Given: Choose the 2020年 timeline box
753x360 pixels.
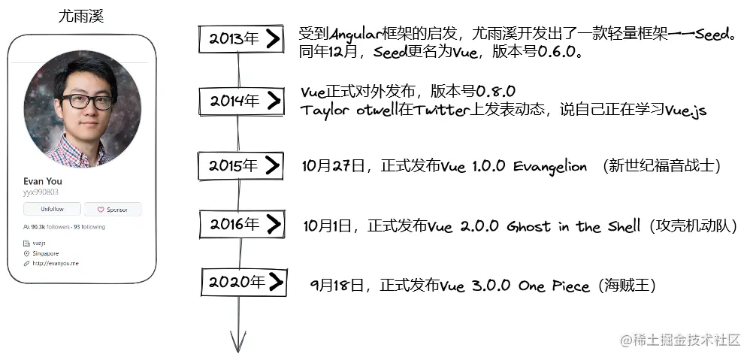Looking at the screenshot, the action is coord(244,283).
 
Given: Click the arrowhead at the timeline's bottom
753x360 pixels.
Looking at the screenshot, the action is coord(238,343).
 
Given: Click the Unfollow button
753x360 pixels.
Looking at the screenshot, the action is coord(51,210).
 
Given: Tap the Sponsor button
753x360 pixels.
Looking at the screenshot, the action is coord(112,210).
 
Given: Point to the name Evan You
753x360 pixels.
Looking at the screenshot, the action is coord(43,181).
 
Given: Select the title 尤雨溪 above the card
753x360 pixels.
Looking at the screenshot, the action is coord(81,16).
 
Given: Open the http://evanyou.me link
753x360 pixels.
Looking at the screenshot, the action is coord(56,264).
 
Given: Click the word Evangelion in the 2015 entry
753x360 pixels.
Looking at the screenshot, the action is coord(549,167).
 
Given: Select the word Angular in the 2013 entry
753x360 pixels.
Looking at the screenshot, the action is coord(354,34).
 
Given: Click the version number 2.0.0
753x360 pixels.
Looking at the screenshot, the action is coord(479,226).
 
